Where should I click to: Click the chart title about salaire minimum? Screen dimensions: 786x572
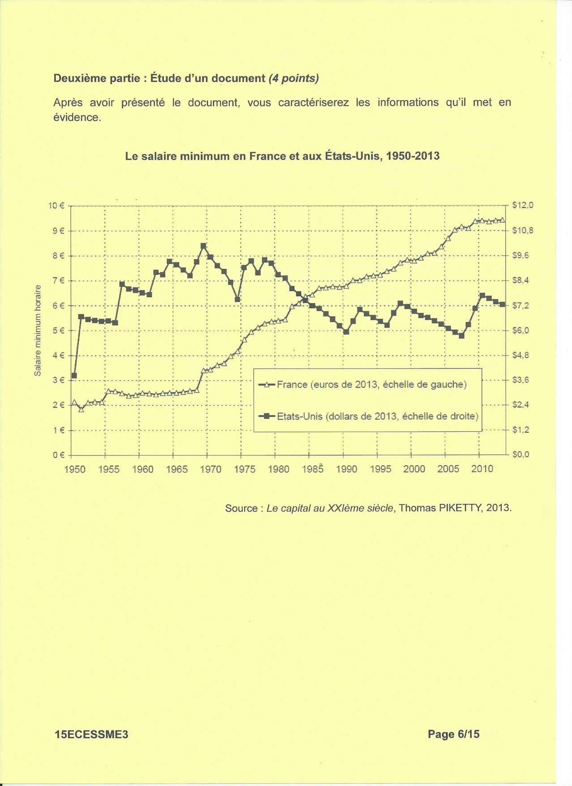(x=282, y=156)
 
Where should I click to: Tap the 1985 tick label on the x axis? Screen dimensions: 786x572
(x=312, y=469)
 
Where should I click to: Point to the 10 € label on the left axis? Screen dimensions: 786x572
(x=56, y=206)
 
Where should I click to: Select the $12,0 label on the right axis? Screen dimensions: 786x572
(x=523, y=205)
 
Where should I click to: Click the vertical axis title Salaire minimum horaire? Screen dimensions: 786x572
(x=38, y=331)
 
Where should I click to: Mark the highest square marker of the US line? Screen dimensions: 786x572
(x=203, y=246)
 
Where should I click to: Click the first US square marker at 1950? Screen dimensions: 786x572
(x=74, y=376)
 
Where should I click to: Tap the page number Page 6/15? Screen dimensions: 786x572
(x=453, y=734)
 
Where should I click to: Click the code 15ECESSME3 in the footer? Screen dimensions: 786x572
(x=91, y=735)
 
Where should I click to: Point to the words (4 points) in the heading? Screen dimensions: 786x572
(x=294, y=78)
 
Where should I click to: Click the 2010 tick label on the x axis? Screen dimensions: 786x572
(x=482, y=469)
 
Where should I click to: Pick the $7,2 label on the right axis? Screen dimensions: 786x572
(x=521, y=306)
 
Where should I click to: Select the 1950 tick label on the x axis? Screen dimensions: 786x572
(x=75, y=469)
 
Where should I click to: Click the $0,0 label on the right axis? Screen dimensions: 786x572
(x=521, y=455)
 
